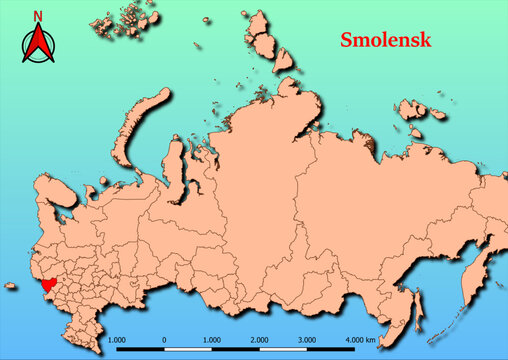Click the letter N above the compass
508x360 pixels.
pos(38,16)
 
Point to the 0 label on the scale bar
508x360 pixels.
pos(164,339)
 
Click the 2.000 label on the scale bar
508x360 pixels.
pos(260,339)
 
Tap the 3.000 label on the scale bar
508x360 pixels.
pos(307,339)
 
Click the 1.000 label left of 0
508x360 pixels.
pos(116,339)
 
